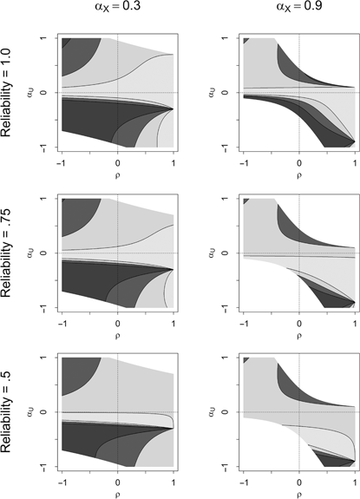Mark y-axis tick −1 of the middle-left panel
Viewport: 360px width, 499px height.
(46, 305)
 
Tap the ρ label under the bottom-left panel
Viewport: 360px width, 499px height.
(118, 493)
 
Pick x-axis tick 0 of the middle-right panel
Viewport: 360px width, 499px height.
(299, 321)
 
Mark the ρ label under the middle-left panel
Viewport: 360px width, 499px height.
(118, 333)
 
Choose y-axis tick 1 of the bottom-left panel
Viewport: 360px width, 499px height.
(46, 358)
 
